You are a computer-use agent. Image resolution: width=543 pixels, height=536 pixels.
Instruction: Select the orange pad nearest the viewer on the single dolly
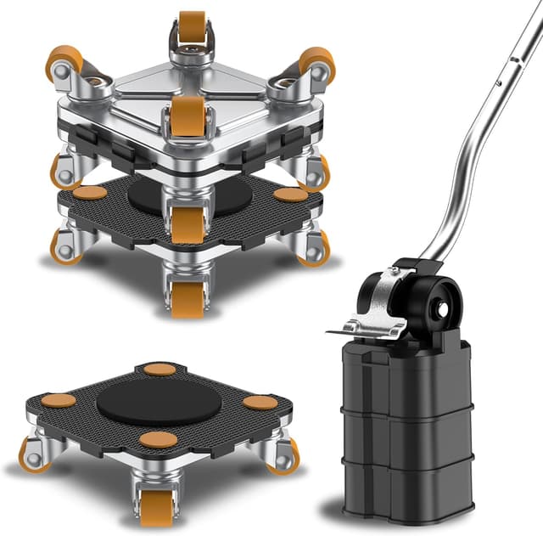click(159, 439)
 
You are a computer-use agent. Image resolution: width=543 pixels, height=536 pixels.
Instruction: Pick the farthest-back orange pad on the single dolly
click(160, 369)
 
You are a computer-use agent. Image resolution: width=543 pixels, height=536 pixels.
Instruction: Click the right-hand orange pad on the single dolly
click(260, 402)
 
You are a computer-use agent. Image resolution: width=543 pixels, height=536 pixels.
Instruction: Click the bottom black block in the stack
click(411, 484)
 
